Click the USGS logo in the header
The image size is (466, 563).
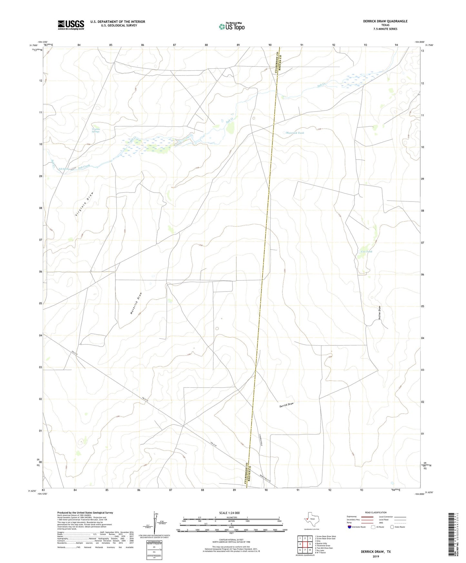[x=71, y=25]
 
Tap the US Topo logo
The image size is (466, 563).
[x=232, y=26]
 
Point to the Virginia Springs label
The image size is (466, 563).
[x=95, y=130]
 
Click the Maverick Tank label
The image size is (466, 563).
[x=295, y=133]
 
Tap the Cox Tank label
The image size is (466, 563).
[x=366, y=252]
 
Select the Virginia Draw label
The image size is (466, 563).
[x=84, y=204]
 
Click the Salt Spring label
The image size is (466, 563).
[x=64, y=169]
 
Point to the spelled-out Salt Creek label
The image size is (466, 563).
[x=84, y=167]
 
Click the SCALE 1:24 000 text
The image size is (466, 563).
[x=229, y=513]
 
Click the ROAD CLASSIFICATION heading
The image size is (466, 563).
[x=375, y=512]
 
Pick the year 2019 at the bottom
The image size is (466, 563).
[x=375, y=556]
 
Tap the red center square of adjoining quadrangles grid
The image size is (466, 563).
[x=305, y=544]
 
